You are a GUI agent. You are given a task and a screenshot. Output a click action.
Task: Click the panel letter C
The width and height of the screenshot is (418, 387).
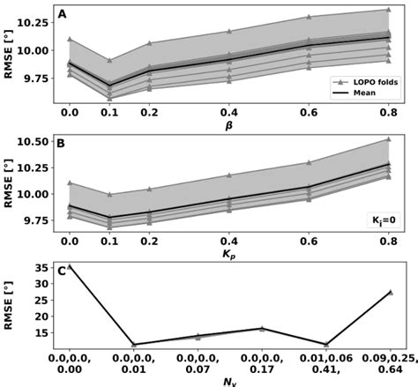point(61,271)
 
